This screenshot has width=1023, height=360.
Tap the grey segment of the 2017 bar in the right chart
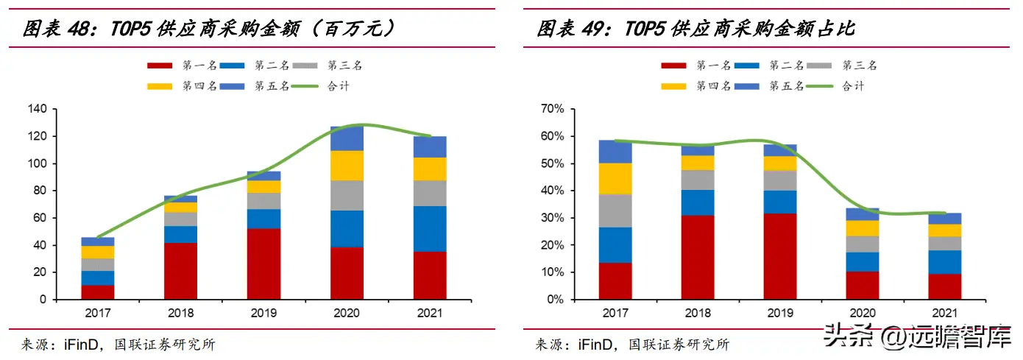tap(615, 211)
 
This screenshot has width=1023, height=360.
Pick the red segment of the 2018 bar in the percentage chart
tap(698, 257)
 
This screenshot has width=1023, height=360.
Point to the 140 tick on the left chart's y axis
tap(37, 109)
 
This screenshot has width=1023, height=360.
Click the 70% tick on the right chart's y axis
tap(553, 109)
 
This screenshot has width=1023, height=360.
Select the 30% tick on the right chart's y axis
tap(553, 218)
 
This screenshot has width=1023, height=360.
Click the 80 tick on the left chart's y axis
tap(40, 191)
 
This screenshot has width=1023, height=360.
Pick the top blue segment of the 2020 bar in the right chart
tap(863, 214)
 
